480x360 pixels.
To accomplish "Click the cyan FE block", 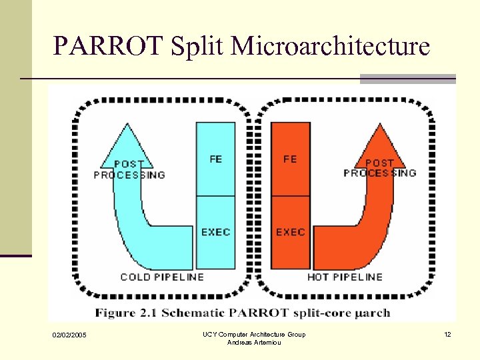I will click(x=215, y=159).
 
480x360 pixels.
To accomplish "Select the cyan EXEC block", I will click(x=215, y=232).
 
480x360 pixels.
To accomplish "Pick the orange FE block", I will click(x=290, y=159).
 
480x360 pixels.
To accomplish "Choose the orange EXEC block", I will click(x=290, y=232).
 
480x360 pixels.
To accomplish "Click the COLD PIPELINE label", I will click(x=162, y=277).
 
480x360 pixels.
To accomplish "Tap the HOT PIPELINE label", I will click(x=345, y=277).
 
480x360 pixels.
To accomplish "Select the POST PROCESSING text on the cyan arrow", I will click(x=129, y=169).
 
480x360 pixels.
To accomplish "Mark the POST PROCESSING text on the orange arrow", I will click(x=379, y=168).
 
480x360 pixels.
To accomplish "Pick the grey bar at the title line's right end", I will click(x=407, y=79).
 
